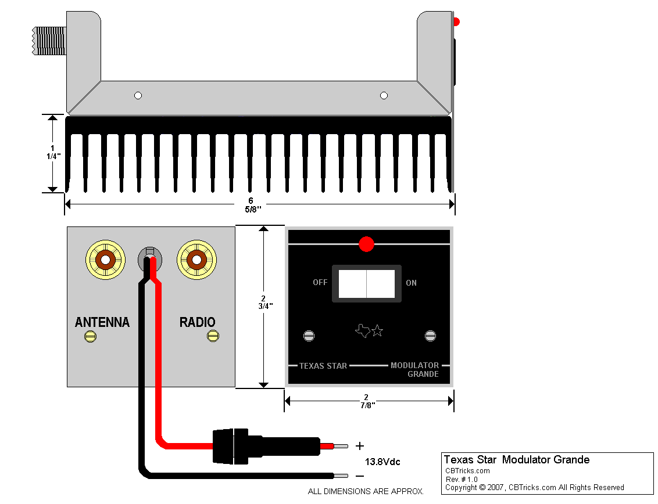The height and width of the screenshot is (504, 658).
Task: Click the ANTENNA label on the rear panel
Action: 102,322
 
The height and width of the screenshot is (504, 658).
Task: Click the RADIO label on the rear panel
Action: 197,322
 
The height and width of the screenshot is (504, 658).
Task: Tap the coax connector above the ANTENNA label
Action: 105,260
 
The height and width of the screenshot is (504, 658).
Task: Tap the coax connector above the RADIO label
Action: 197,260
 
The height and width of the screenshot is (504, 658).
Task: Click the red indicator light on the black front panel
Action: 366,244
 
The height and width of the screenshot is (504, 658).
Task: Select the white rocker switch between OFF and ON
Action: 366,283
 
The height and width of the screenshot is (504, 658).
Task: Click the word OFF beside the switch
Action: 320,283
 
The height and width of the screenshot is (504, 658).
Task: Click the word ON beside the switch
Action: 412,283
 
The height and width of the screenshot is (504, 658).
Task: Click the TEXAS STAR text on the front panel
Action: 323,366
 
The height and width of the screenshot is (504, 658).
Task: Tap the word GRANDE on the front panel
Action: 423,375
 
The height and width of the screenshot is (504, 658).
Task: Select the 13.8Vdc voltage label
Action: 382,462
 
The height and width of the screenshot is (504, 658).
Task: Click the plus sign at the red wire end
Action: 360,446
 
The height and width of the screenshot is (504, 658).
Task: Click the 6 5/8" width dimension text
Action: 251,204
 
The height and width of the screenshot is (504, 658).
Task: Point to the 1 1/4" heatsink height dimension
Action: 53,152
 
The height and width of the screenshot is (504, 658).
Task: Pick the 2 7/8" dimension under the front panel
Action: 366,401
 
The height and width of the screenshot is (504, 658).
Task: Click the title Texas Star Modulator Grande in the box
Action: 516,460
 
